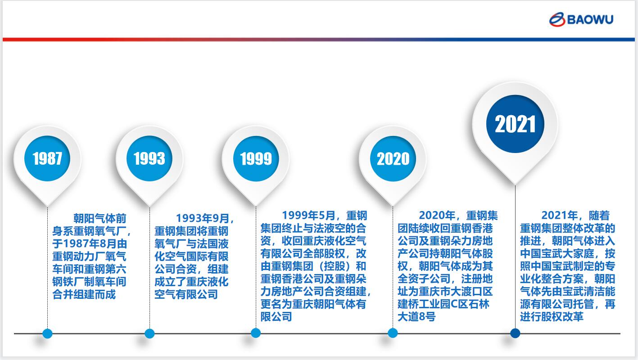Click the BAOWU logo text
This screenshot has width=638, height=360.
590,20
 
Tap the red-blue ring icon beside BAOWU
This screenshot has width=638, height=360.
557,20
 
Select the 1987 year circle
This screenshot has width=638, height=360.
47,158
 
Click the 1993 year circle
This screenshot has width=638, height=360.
149,158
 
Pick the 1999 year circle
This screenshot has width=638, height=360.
256,158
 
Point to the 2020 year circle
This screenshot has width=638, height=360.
393,158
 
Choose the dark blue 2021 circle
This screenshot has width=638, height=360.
515,124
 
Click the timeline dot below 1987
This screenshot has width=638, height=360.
47,333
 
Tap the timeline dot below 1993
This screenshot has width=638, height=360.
149,333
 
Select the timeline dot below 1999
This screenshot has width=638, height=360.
256,333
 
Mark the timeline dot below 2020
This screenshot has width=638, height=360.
393,333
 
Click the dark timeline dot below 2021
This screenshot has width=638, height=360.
515,333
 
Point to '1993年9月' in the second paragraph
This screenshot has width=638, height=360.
203,219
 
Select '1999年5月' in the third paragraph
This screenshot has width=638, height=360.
309,216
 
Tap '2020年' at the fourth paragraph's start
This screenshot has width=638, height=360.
437,216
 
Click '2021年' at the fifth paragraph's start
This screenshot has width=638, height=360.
560,216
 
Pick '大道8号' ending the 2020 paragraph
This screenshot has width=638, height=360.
416,317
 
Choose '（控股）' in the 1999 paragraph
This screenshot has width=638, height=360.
335,266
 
